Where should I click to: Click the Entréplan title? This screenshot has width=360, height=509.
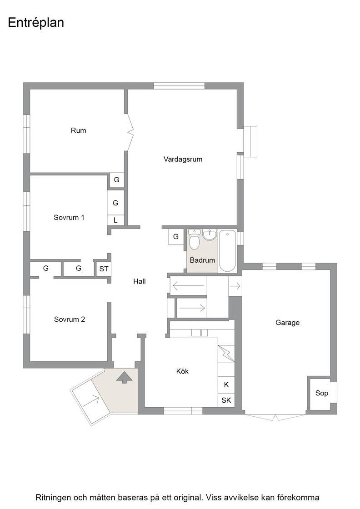tap(36, 23)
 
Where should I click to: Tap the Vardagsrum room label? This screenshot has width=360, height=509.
tap(183, 160)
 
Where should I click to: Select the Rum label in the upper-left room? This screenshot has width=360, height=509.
tap(79, 130)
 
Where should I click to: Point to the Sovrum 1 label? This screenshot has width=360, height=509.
tap(69, 218)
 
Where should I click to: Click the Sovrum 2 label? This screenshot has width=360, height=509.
tap(70, 319)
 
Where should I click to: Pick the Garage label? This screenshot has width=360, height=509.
tap(287, 323)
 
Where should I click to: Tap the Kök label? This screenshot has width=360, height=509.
tap(182, 371)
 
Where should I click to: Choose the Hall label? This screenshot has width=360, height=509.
tap(139, 281)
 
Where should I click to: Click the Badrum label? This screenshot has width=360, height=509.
tap(202, 260)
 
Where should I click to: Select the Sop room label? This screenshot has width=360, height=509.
tap(322, 393)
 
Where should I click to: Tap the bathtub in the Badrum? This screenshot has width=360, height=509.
tap(227, 250)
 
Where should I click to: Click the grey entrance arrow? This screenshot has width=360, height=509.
tap(125, 378)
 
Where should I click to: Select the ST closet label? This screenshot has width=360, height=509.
tap(104, 269)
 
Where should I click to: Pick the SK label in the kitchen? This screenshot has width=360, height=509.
tap(226, 400)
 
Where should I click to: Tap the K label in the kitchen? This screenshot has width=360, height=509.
tap(226, 384)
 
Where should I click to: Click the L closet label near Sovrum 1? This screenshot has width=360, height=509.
tap(115, 220)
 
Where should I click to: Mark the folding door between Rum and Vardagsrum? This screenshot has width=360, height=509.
tap(130, 132)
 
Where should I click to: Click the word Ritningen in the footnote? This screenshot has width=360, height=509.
tap(53, 498)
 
